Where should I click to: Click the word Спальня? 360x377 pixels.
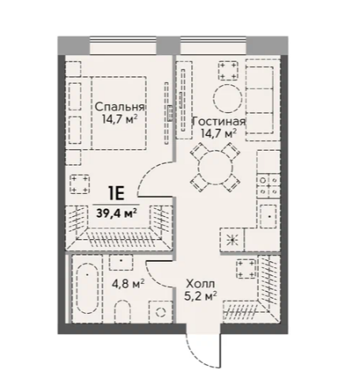click(120, 107)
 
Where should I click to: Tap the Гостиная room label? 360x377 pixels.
click(219, 121)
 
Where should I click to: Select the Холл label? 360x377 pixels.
click(201, 284)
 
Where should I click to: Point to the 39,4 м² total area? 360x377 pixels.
click(116, 213)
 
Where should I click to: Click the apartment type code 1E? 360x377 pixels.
click(116, 194)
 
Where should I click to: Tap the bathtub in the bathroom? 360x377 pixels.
click(87, 288)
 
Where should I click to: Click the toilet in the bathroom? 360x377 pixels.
click(123, 312)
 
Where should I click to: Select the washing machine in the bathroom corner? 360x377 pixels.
click(160, 312)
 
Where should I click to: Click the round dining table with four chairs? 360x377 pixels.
click(216, 167)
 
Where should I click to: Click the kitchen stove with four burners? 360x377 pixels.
click(268, 185)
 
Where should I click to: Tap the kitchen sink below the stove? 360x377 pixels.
click(268, 216)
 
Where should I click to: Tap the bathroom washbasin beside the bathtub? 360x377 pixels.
click(121, 263)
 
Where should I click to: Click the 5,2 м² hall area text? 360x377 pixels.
click(201, 297)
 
